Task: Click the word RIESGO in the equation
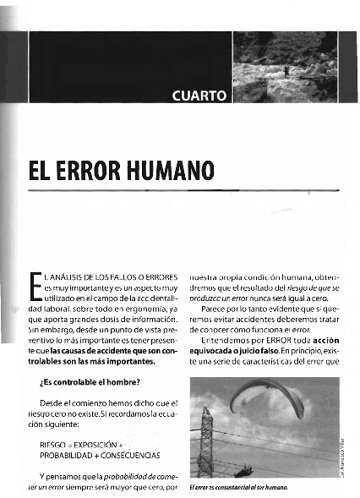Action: coord(53,444)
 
